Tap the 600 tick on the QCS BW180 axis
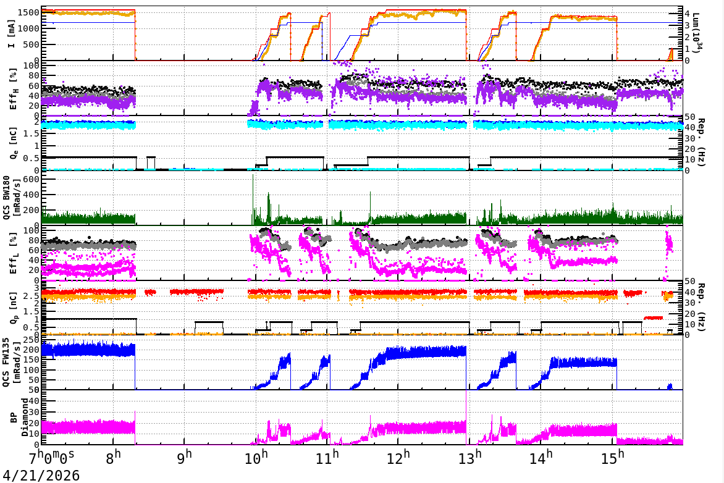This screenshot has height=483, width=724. tap(32, 179)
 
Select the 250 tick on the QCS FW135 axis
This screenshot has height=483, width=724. tap(32, 340)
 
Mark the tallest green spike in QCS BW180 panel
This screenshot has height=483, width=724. tap(253, 176)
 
